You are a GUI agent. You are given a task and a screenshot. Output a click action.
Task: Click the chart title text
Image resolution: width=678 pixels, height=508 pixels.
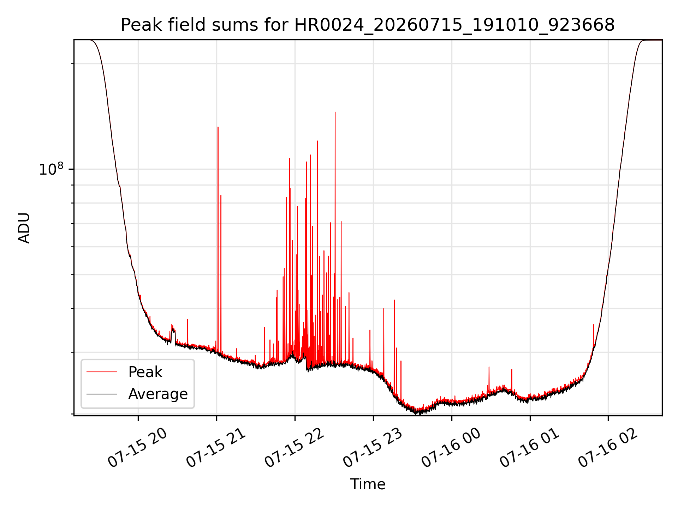tap(368, 25)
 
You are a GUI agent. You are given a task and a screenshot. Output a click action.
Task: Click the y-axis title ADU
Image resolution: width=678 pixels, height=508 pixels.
tap(24, 228)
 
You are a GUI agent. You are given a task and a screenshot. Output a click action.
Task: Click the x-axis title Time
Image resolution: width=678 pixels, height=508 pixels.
tap(368, 484)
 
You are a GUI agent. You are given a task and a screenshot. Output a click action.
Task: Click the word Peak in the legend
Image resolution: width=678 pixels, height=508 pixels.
tap(145, 372)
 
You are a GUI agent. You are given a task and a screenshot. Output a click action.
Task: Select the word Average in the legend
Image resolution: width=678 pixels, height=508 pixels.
tap(158, 394)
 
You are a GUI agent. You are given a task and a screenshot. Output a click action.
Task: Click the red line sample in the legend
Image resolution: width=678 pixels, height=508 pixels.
tap(102, 372)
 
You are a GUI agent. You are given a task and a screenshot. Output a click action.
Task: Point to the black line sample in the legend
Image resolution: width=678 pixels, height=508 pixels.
tap(102, 394)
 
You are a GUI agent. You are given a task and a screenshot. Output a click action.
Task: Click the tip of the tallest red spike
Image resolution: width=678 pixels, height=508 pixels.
tap(335, 112)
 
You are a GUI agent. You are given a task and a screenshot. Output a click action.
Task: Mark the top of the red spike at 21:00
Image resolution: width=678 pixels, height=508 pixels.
tap(218, 127)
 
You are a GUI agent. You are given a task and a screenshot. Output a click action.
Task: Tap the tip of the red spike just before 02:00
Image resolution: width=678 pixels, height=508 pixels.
tap(593, 325)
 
